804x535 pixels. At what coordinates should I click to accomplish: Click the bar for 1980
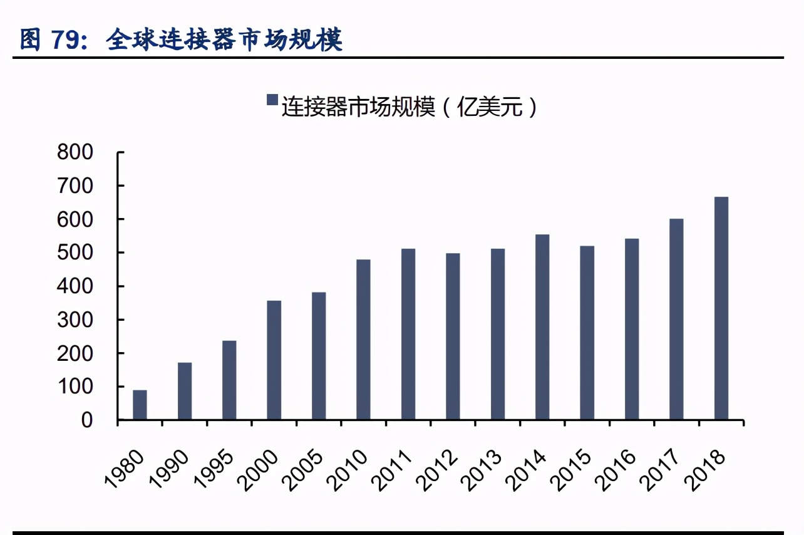(x=140, y=405)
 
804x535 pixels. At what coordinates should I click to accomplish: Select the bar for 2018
(x=721, y=308)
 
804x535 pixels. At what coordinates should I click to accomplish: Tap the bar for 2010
(x=363, y=340)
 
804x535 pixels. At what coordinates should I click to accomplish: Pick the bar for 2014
(x=542, y=327)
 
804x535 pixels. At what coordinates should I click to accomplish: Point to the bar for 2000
(x=274, y=360)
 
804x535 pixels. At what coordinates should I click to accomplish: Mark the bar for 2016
(x=632, y=329)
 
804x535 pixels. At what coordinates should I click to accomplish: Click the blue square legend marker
(x=272, y=100)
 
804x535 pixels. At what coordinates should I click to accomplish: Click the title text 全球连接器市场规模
(x=224, y=39)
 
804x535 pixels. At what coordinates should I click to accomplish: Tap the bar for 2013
(x=498, y=334)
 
